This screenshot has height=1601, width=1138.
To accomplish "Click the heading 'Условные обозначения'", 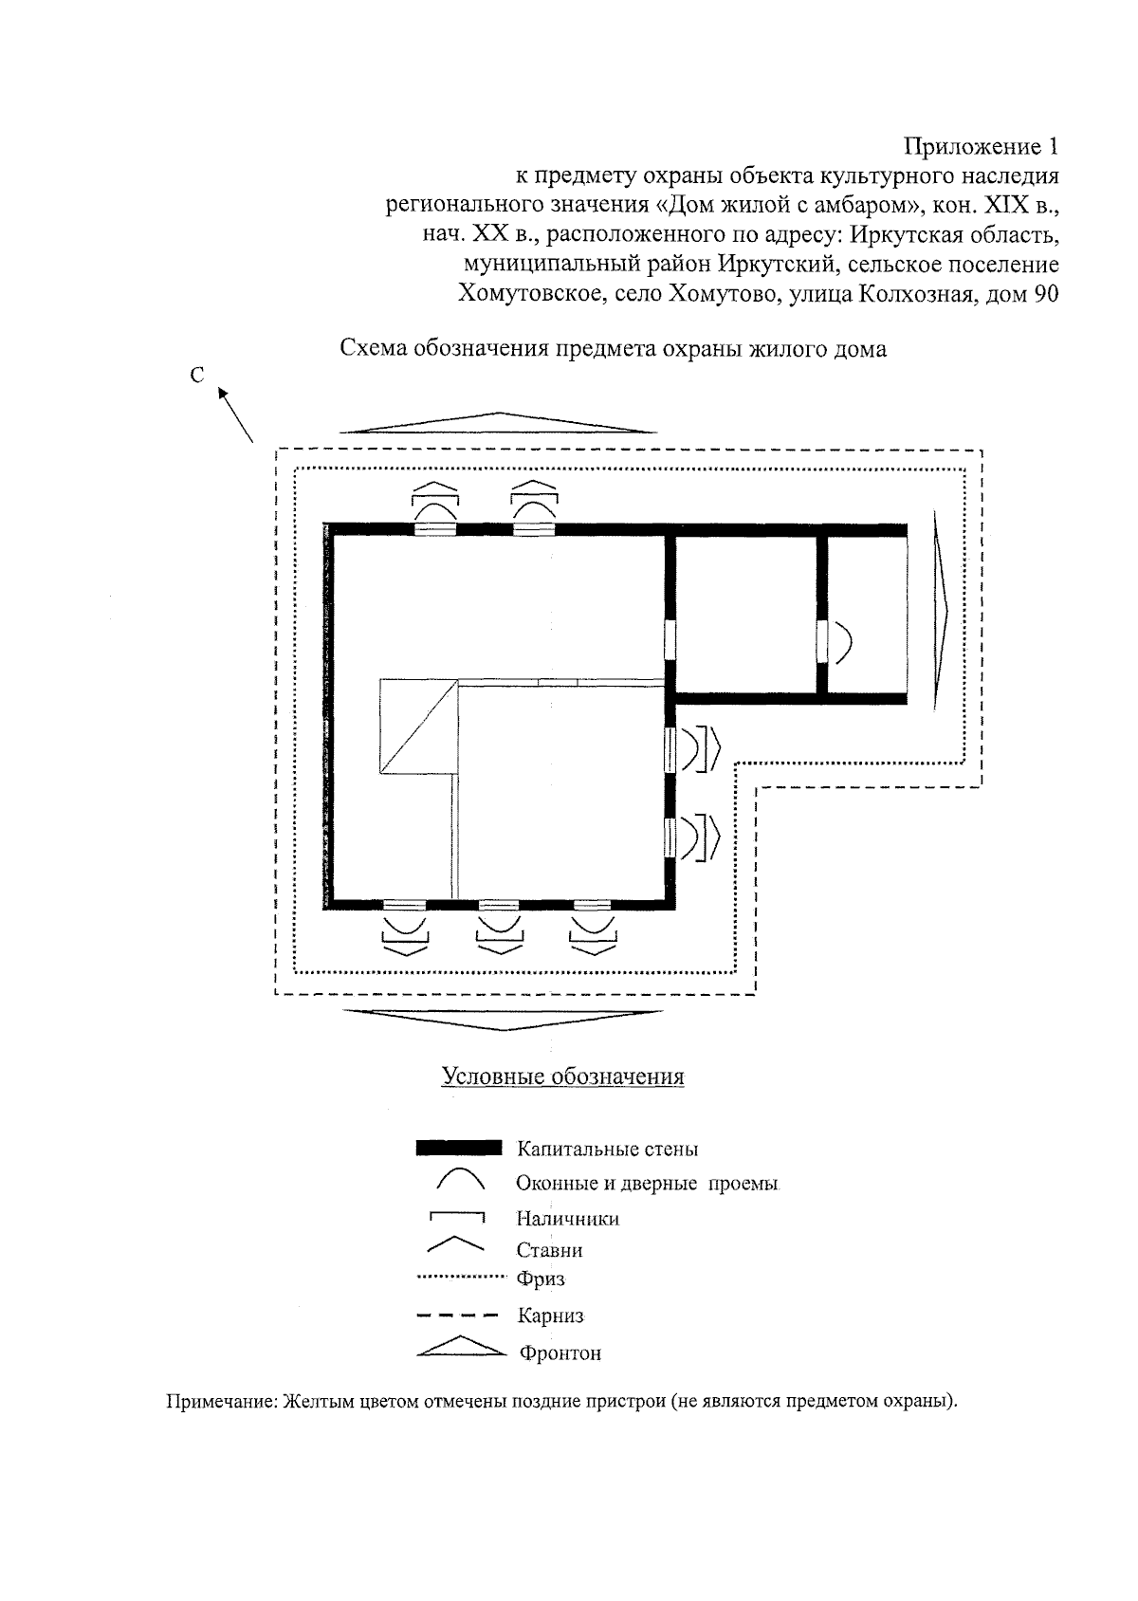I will pos(562,1077).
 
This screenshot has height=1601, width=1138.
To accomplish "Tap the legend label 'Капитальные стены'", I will pos(607,1150).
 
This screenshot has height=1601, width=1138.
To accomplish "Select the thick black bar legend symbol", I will pos(459,1150).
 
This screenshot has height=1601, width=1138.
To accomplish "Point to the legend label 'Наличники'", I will pos(567,1218).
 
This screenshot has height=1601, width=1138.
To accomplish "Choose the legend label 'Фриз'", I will pos(541,1279).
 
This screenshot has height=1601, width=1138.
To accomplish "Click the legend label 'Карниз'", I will pos(549,1316).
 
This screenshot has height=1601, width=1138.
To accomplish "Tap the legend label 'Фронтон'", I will pos(560,1353).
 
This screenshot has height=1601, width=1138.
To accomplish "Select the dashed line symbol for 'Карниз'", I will pos(457,1316).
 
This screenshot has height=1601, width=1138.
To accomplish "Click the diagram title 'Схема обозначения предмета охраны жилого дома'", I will pos(614,348).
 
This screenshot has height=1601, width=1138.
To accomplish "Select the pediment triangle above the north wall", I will pos(498,424).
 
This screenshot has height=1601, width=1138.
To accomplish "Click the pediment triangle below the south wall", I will pos(503,1019).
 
